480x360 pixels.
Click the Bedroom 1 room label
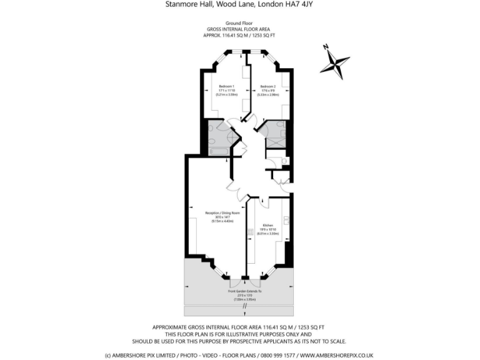pos(226,86)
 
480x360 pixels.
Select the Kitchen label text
pos(267,225)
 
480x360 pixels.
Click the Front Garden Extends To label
pos(240,292)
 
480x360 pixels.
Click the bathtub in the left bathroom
pos(220,151)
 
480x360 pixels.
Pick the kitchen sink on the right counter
pos(286,219)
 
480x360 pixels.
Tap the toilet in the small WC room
pos(284,161)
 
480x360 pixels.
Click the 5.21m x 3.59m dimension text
pos(226,94)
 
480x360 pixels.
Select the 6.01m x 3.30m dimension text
pos(267,234)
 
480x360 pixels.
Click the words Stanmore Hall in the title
pos(186,4)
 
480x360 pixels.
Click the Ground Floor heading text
pos(239,23)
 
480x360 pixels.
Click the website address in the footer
pos(336,355)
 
